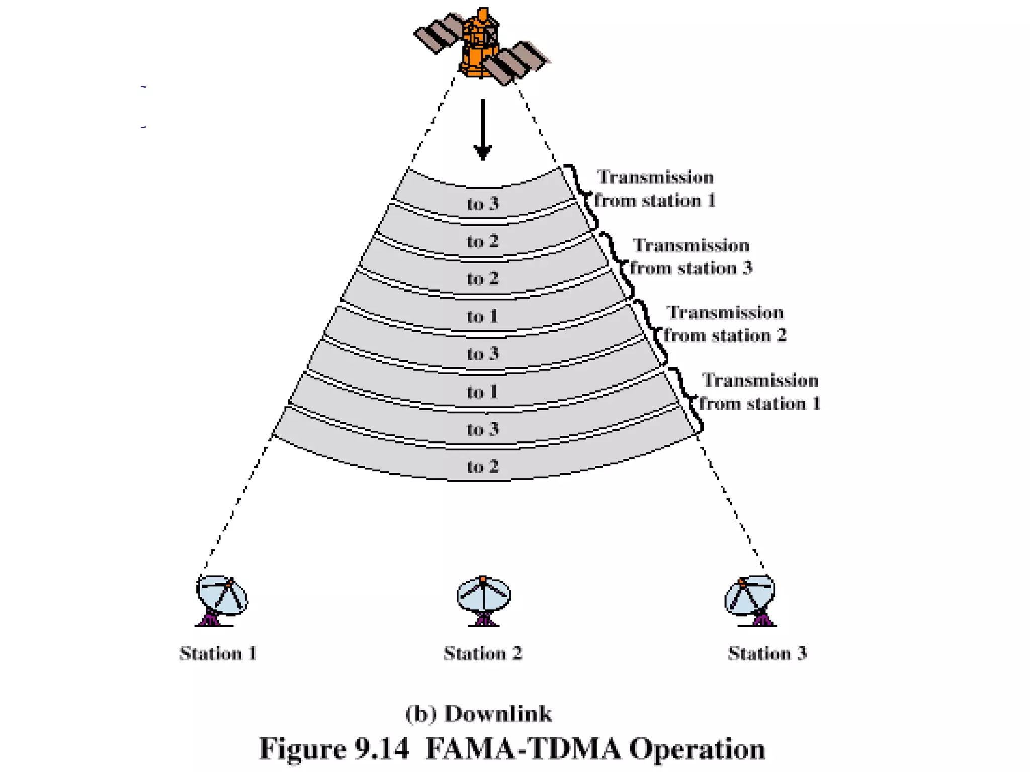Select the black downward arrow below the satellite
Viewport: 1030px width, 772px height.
483,131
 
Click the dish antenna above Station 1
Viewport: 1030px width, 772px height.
221,598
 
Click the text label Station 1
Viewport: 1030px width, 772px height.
218,653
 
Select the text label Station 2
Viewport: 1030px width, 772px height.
483,653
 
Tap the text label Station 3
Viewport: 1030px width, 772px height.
767,653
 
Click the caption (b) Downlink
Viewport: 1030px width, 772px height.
478,714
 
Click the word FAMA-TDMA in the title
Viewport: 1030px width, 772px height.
523,749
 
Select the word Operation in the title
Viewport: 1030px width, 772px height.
697,749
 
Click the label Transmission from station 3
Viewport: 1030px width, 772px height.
691,257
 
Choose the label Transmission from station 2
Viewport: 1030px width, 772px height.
725,324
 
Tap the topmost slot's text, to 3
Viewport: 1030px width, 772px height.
483,204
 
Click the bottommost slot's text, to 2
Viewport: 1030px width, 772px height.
483,467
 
